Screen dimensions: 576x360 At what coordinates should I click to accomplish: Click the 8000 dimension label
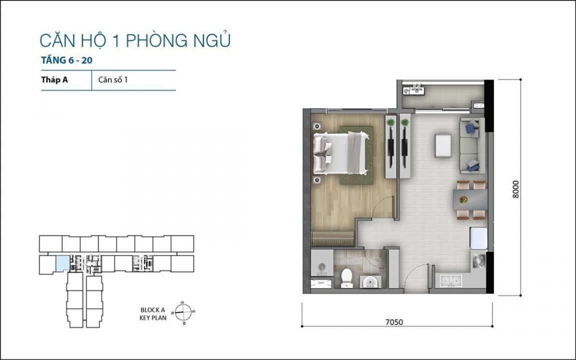coord(516,189)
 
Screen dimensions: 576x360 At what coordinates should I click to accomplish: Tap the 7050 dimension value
coord(394,322)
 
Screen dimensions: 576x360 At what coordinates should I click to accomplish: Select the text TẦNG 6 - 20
coord(66,60)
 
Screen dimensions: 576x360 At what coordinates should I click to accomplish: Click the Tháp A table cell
coord(54,79)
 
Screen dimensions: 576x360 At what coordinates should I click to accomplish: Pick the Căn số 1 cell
coord(113,79)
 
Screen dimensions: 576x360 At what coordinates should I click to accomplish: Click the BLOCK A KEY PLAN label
coord(153,314)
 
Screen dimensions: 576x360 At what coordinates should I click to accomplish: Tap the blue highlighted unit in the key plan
coord(62,264)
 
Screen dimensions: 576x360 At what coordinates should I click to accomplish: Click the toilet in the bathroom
coord(347,278)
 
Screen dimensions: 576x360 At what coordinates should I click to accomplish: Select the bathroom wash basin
coord(370,282)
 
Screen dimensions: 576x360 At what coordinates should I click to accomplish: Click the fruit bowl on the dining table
coord(463,200)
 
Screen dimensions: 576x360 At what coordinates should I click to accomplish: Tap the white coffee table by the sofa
coord(443,146)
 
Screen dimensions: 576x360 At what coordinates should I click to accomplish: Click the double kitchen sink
coord(450,281)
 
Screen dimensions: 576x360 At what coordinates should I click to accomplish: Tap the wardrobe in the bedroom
coord(333,238)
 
